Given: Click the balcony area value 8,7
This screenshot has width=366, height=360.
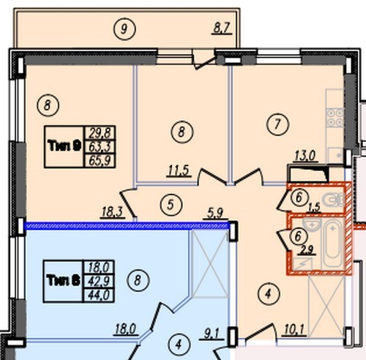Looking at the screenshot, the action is click(222, 28).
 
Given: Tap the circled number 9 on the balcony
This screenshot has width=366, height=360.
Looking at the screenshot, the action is click(124, 29).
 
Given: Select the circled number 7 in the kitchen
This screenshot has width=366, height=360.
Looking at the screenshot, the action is click(277, 124).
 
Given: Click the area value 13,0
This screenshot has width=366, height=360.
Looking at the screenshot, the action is click(305, 156).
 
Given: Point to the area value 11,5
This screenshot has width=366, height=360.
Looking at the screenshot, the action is click(179, 170).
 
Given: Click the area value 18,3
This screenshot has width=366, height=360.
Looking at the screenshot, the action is click(113, 212).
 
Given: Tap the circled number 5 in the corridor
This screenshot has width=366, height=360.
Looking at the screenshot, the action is click(171, 204).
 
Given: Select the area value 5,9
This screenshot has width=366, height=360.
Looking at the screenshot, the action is click(215, 213).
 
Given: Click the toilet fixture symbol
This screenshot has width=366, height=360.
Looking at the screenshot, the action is click(333, 199).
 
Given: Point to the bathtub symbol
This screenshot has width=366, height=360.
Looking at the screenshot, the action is click(333, 244).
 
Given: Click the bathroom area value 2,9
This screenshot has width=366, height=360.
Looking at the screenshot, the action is click(307, 250).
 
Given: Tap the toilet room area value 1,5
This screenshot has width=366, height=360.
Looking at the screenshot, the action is click(314, 208).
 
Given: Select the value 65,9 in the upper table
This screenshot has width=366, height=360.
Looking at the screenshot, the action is click(100, 161).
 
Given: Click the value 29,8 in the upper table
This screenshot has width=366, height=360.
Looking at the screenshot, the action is click(100, 133).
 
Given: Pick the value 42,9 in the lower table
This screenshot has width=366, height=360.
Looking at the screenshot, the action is click(99, 282).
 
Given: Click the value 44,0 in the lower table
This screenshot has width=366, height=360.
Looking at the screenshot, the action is click(99, 296).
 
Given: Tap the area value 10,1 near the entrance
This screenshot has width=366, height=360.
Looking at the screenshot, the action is click(294, 330).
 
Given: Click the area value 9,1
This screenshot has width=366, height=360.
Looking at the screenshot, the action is click(212, 334).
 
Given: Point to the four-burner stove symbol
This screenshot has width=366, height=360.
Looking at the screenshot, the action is click(335, 118).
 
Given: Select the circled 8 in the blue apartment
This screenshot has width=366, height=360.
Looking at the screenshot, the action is click(138, 280).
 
